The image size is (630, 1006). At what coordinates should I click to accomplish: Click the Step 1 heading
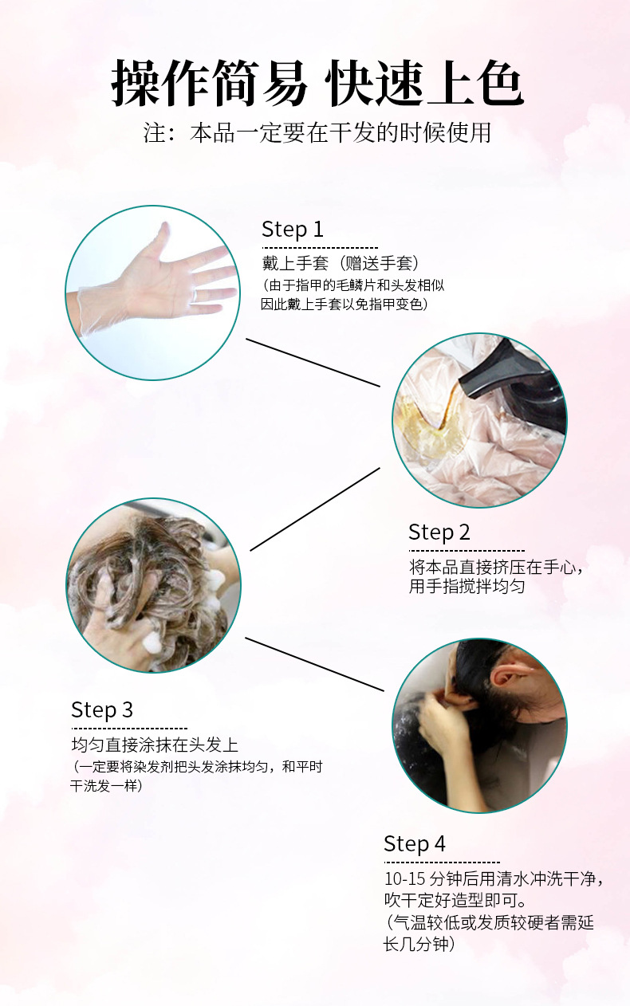(293, 230)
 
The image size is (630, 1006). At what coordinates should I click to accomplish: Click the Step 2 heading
(439, 532)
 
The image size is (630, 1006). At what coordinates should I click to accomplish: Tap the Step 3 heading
(101, 709)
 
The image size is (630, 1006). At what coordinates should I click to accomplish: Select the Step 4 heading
(414, 843)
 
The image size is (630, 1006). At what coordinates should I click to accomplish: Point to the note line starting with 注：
(317, 132)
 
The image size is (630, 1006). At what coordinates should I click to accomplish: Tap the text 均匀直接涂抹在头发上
(154, 745)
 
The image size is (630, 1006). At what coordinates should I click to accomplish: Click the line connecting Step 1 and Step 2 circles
(313, 362)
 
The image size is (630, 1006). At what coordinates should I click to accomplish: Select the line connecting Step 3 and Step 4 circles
(314, 664)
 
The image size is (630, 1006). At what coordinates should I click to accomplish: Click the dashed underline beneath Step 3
(128, 728)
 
